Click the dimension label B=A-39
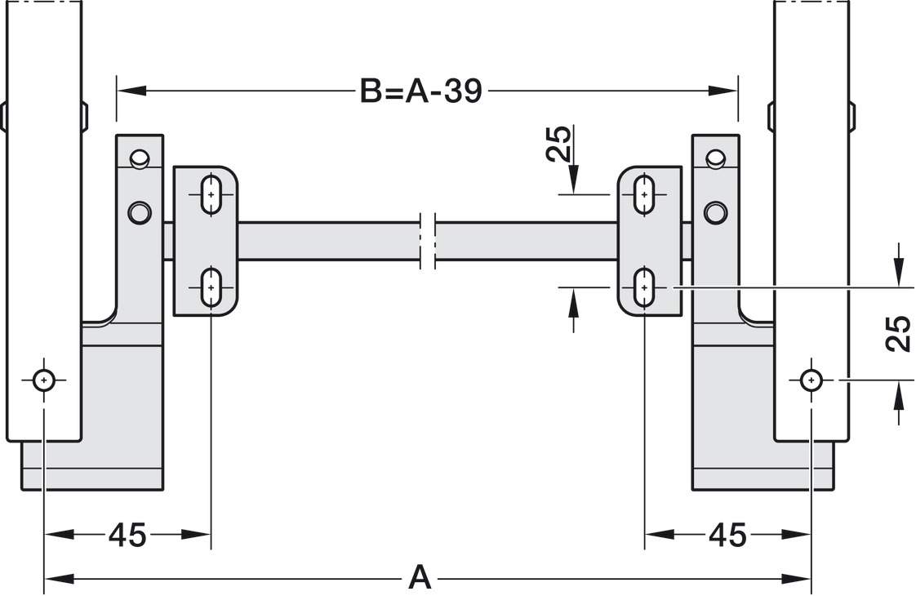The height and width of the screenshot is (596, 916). pyautogui.click(x=420, y=91)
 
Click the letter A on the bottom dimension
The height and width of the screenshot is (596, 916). pyautogui.click(x=419, y=577)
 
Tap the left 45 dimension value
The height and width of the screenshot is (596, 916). pyautogui.click(x=127, y=536)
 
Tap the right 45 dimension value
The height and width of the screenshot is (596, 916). pyautogui.click(x=727, y=536)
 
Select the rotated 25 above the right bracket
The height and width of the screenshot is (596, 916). pyautogui.click(x=558, y=145)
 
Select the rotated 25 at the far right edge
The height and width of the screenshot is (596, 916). pyautogui.click(x=897, y=332)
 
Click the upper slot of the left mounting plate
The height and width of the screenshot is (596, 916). pyautogui.click(x=211, y=195)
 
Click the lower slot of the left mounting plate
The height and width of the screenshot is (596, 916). pyautogui.click(x=211, y=287)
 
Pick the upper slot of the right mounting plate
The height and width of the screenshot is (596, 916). pyautogui.click(x=645, y=195)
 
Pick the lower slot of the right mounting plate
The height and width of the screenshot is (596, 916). pyautogui.click(x=645, y=287)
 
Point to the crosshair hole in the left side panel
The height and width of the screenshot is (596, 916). pyautogui.click(x=43, y=380)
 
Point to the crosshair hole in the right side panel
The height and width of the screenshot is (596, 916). pyautogui.click(x=811, y=380)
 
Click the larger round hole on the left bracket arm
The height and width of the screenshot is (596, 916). pyautogui.click(x=140, y=213)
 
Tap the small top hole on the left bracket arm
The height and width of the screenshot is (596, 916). pyautogui.click(x=140, y=157)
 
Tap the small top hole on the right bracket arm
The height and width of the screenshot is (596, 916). pyautogui.click(x=715, y=157)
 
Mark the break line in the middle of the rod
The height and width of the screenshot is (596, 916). pyautogui.click(x=429, y=241)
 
